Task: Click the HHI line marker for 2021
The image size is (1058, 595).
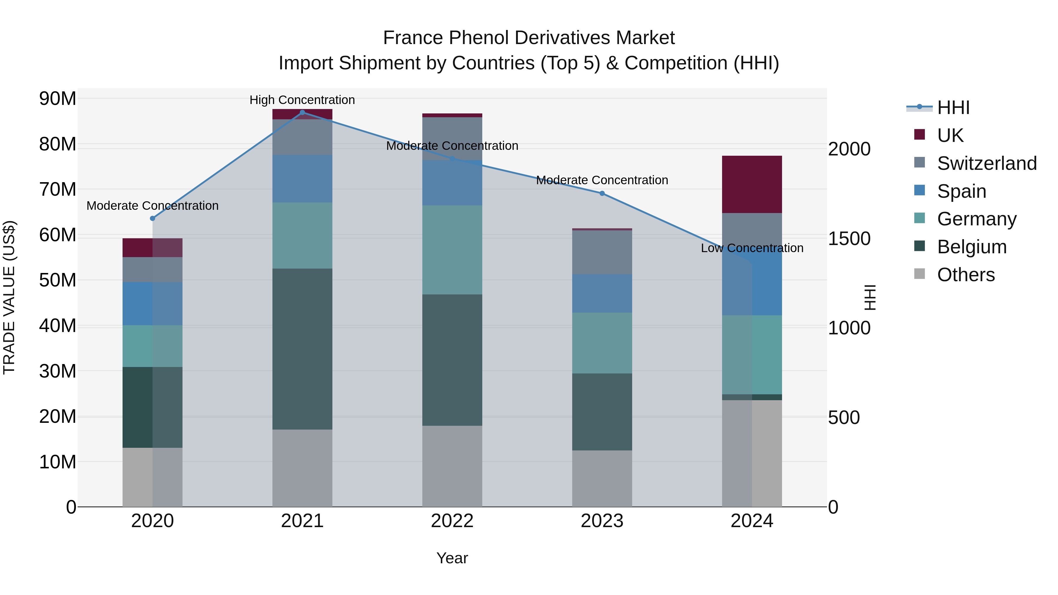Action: click(302, 113)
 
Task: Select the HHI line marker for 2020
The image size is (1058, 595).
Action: click(152, 218)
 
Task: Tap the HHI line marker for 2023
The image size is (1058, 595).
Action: click(602, 193)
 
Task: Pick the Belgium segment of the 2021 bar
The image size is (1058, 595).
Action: click(302, 349)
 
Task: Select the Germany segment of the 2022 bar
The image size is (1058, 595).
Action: click(452, 250)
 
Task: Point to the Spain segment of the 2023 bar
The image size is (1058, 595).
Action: click(602, 294)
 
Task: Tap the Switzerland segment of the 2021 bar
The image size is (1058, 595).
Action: click(302, 137)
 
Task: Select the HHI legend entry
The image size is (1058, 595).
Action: click(953, 108)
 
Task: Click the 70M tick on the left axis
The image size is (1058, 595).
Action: click(58, 190)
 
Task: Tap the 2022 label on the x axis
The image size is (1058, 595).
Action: click(452, 521)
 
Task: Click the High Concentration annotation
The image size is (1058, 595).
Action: click(302, 100)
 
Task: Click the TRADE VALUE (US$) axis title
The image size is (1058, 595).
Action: click(9, 297)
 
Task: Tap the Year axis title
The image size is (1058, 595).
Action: click(452, 558)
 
